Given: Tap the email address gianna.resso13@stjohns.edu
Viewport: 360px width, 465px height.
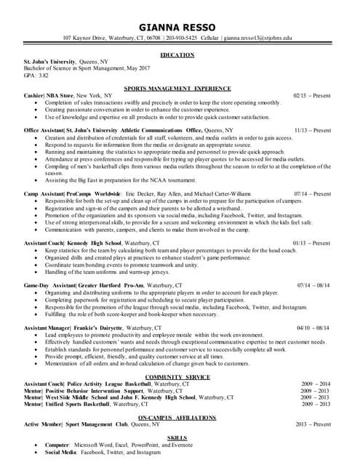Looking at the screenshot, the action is click(257, 38).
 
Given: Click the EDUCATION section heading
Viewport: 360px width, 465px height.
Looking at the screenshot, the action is click(177, 55).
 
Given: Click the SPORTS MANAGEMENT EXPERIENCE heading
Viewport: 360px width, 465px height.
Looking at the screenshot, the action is click(177, 88).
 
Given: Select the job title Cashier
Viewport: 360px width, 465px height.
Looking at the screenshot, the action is click(33, 95).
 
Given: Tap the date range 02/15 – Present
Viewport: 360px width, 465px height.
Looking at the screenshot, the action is click(312, 95).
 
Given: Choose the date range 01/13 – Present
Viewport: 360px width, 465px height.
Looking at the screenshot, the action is click(312, 243).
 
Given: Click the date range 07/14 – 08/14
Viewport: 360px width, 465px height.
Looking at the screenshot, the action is click(313, 286).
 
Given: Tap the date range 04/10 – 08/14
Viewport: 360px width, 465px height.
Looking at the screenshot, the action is click(313, 328).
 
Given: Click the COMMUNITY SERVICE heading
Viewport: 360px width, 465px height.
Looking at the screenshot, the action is click(177, 376).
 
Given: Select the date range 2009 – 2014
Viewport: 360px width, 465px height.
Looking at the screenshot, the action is click(316, 384).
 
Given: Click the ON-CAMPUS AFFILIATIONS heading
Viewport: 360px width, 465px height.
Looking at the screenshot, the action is click(177, 417).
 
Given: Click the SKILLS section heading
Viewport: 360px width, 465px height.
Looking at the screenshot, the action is click(177, 437).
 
